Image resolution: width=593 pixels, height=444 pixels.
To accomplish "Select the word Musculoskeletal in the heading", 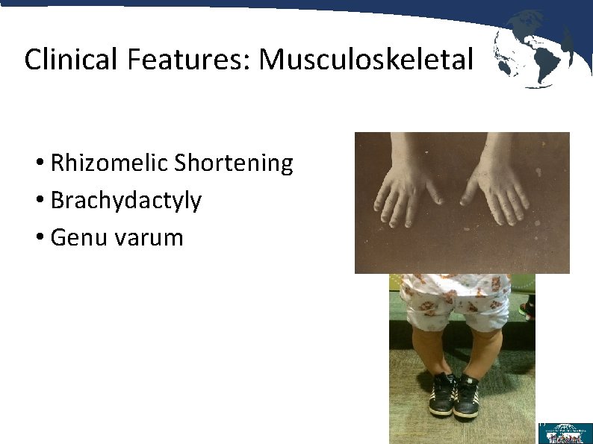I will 366,59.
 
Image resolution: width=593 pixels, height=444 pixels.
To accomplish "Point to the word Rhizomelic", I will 109,163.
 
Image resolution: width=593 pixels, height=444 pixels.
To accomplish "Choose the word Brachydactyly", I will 125,200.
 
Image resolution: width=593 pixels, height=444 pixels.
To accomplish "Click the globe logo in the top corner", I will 533,49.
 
